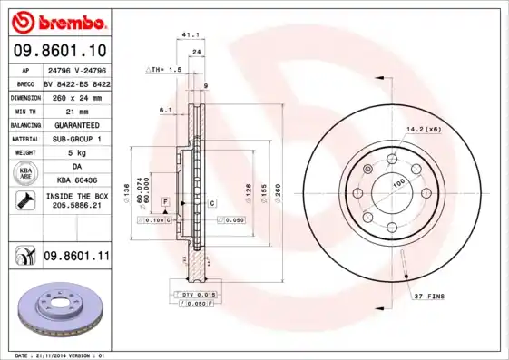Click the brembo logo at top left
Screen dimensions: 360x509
coord(58,21)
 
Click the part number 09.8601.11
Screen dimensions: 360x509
coord(76,257)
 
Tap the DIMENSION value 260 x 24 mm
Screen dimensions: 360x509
coord(76,96)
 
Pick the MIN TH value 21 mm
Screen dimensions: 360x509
coord(76,110)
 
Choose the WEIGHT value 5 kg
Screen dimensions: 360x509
coord(76,152)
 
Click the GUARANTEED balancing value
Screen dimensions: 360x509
coord(76,124)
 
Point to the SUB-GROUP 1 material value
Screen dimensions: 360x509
coord(76,138)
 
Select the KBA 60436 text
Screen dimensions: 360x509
coord(76,180)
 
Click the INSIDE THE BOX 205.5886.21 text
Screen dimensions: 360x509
coord(76,201)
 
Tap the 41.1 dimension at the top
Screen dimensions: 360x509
coord(191,34)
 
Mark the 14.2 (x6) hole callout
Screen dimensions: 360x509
coord(425,131)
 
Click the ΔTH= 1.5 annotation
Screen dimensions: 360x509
coord(164,69)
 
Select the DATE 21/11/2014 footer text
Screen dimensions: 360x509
coord(56,355)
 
